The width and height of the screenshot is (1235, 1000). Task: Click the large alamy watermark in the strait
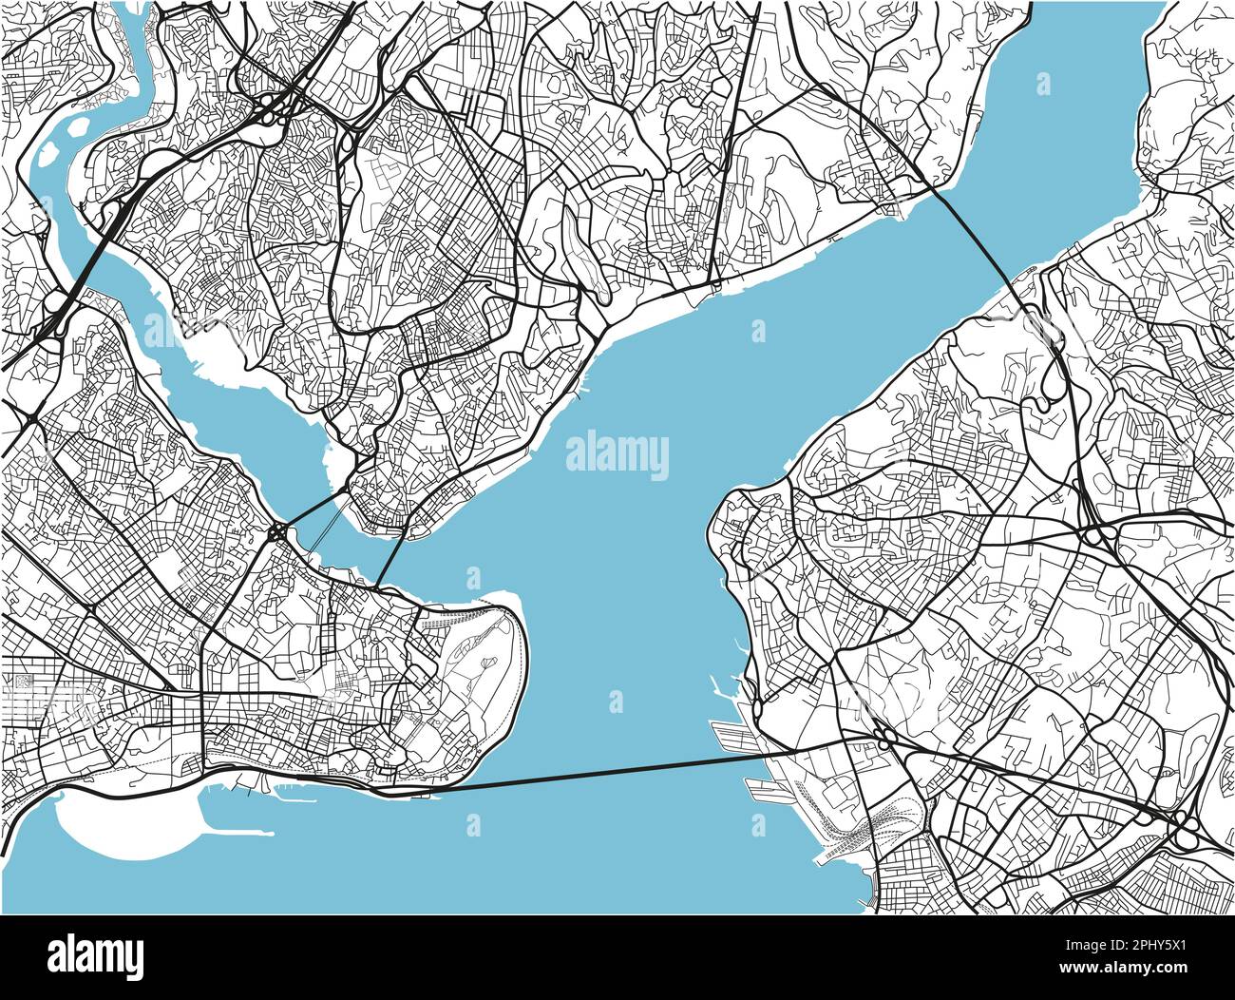(x=617, y=454)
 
